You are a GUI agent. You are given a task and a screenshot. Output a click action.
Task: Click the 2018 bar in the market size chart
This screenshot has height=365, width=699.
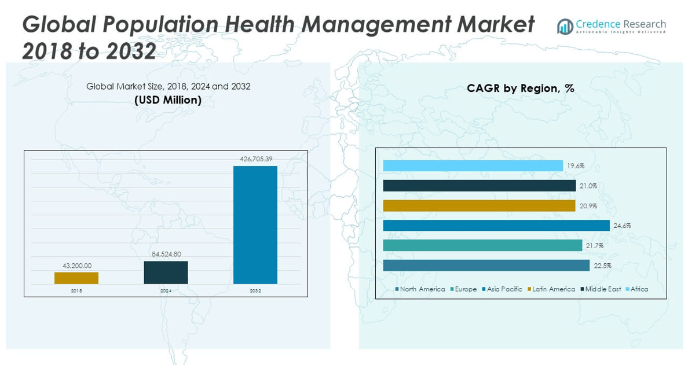click(x=76, y=278)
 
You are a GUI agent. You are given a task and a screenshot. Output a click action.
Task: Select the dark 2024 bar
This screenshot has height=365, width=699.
click(x=166, y=272)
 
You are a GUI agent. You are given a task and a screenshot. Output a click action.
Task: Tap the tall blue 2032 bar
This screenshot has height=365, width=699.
click(x=255, y=225)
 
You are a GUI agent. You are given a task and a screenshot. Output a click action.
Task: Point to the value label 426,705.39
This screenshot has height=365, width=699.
click(x=255, y=158)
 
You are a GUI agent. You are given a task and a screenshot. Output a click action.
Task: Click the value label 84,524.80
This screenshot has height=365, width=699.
click(x=166, y=254)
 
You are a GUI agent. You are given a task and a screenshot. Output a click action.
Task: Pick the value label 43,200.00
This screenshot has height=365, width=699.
click(x=76, y=266)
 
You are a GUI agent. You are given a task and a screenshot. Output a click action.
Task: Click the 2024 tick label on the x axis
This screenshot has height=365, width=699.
click(x=166, y=291)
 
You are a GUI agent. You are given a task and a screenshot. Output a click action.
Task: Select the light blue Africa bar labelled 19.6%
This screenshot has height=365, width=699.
click(x=473, y=166)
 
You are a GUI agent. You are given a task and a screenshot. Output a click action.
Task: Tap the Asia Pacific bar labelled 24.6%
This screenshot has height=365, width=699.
click(x=496, y=226)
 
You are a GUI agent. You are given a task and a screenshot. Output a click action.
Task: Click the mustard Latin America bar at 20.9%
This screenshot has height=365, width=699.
click(x=479, y=206)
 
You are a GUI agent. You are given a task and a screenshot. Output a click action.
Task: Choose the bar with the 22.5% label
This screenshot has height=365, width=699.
click(x=486, y=266)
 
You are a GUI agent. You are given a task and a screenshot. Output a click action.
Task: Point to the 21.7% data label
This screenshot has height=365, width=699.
click(x=594, y=246)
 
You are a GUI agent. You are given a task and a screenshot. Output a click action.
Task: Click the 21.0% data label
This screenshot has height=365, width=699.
click(x=588, y=186)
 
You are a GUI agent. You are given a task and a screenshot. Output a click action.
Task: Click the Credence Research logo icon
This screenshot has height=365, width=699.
click(x=565, y=27)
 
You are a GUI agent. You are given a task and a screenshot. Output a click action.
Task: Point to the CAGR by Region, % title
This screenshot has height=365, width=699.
click(x=521, y=89)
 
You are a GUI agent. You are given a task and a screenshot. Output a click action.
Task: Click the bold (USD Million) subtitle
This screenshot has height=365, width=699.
click(x=168, y=100)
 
